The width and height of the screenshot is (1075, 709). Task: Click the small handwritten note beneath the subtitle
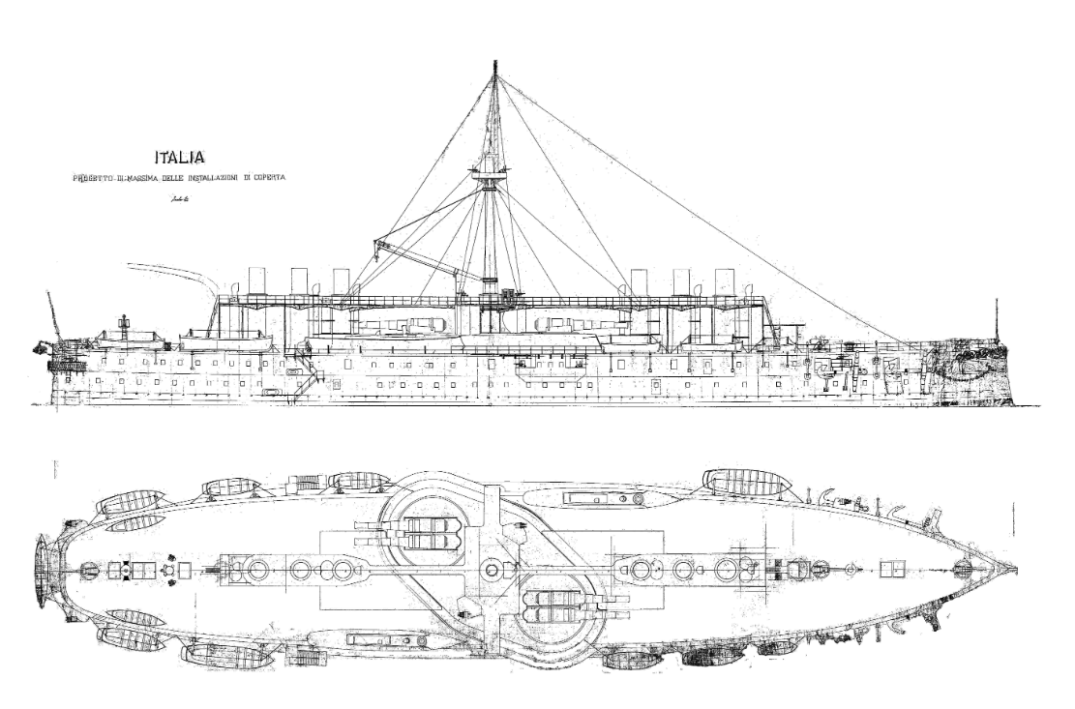(x=177, y=199)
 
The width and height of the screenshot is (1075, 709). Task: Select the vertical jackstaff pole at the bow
(x=996, y=319)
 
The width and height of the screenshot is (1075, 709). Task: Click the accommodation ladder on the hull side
(x=308, y=377)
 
